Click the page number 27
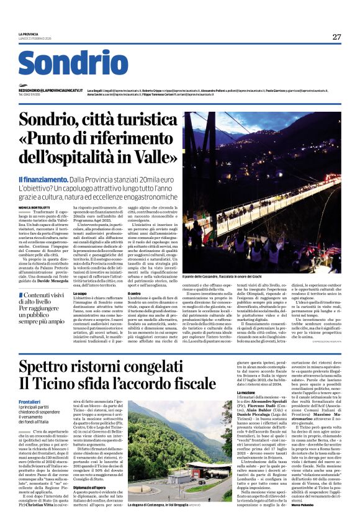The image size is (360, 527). point(336,37)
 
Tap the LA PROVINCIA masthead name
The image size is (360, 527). point(28,34)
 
